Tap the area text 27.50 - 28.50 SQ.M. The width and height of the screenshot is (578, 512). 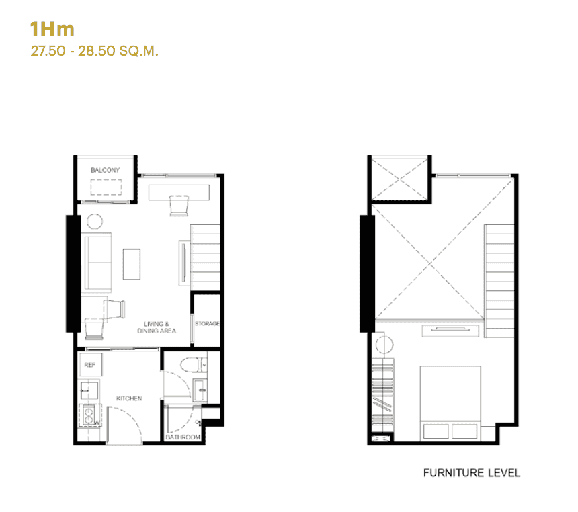tap(94, 51)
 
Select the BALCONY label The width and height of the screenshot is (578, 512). tap(105, 171)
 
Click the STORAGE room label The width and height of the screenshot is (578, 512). tap(207, 324)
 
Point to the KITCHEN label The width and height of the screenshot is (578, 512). tap(129, 399)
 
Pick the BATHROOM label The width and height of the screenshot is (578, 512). tap(183, 437)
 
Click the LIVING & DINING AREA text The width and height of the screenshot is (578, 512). tap(156, 327)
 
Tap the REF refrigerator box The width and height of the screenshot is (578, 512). tap(89, 366)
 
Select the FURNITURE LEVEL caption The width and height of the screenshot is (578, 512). tap(471, 473)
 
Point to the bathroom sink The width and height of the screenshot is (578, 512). tap(200, 388)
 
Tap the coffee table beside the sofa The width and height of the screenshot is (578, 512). tap(132, 264)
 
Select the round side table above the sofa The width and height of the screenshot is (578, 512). tap(93, 221)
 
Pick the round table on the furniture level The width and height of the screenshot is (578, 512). tap(384, 345)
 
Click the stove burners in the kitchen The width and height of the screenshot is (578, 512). tap(88, 417)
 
